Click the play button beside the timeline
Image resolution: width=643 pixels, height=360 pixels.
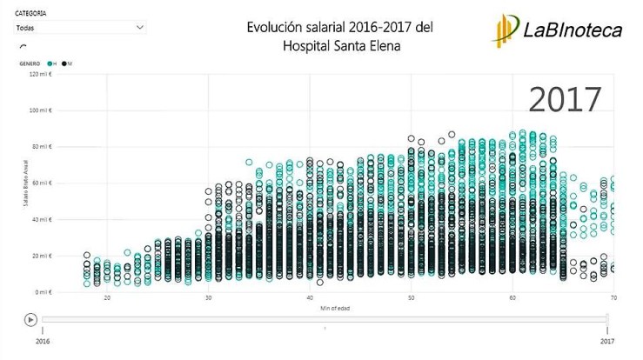30,319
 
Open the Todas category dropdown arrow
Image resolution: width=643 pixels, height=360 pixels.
140,28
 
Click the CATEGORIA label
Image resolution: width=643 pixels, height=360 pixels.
30,14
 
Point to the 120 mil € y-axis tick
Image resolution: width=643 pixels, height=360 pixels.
40,75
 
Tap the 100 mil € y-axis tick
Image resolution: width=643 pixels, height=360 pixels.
40,110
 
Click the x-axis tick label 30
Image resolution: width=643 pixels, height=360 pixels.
209,299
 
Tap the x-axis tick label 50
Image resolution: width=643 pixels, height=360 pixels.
411,299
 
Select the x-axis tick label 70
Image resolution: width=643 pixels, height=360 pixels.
612,299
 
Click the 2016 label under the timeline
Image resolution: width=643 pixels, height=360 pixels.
43,343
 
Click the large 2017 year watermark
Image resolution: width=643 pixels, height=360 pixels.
565,98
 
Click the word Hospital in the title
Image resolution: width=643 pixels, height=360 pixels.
310,45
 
